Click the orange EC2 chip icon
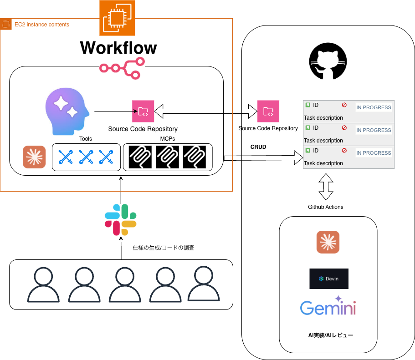[117, 18]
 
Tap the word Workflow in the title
[118, 47]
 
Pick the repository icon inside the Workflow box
[143, 111]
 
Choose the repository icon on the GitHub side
[268, 111]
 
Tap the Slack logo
[121, 219]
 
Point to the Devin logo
[329, 279]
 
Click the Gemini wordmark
[328, 307]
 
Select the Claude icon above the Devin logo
[328, 242]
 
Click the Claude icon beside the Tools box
[34, 157]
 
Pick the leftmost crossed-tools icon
[66, 157]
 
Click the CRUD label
[258, 147]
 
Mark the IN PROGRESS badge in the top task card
[374, 107]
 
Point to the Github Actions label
[326, 207]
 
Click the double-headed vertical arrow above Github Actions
[326, 187]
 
